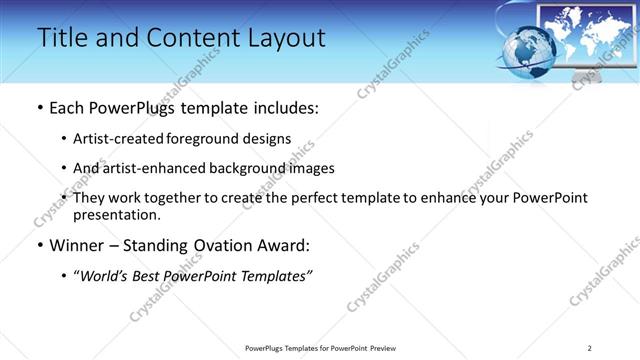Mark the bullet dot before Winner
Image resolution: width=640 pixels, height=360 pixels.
click(x=39, y=245)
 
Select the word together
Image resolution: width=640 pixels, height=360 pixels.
click(x=174, y=198)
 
